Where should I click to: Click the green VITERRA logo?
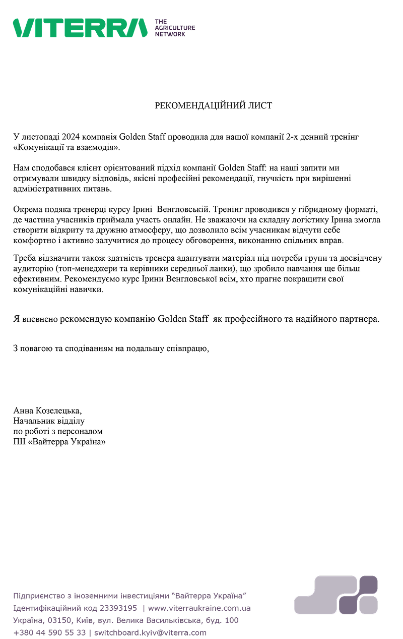click(x=80, y=28)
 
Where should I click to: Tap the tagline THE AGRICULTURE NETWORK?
click(x=174, y=28)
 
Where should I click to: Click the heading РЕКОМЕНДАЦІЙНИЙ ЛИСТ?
click(x=213, y=105)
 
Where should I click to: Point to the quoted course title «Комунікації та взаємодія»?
click(x=67, y=147)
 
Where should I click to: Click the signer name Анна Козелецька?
click(x=47, y=411)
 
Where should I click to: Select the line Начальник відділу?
click(x=49, y=421)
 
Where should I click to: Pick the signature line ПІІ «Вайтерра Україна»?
click(x=59, y=442)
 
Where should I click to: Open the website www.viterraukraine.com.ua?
click(x=199, y=608)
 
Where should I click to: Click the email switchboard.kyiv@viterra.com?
click(x=150, y=632)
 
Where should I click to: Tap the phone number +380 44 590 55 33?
click(x=49, y=632)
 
